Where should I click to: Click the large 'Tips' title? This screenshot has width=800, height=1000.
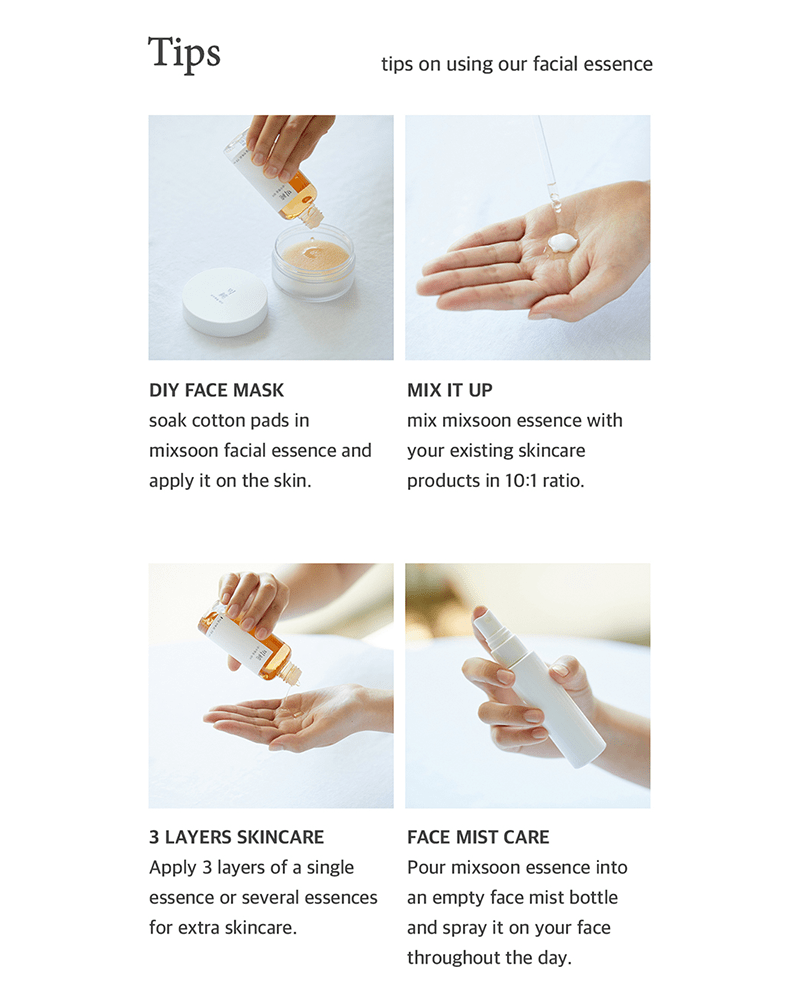(184, 53)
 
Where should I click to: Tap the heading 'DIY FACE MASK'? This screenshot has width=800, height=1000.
(216, 390)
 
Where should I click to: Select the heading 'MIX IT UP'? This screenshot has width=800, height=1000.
(449, 390)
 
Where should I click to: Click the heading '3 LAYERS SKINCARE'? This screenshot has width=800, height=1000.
(236, 837)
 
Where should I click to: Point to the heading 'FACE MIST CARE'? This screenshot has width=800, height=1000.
(478, 837)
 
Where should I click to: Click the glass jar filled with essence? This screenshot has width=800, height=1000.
(313, 262)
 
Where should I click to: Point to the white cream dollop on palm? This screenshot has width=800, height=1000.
(562, 242)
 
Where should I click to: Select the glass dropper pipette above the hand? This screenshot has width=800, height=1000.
(547, 170)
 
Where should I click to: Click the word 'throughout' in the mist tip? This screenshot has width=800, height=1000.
(454, 958)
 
